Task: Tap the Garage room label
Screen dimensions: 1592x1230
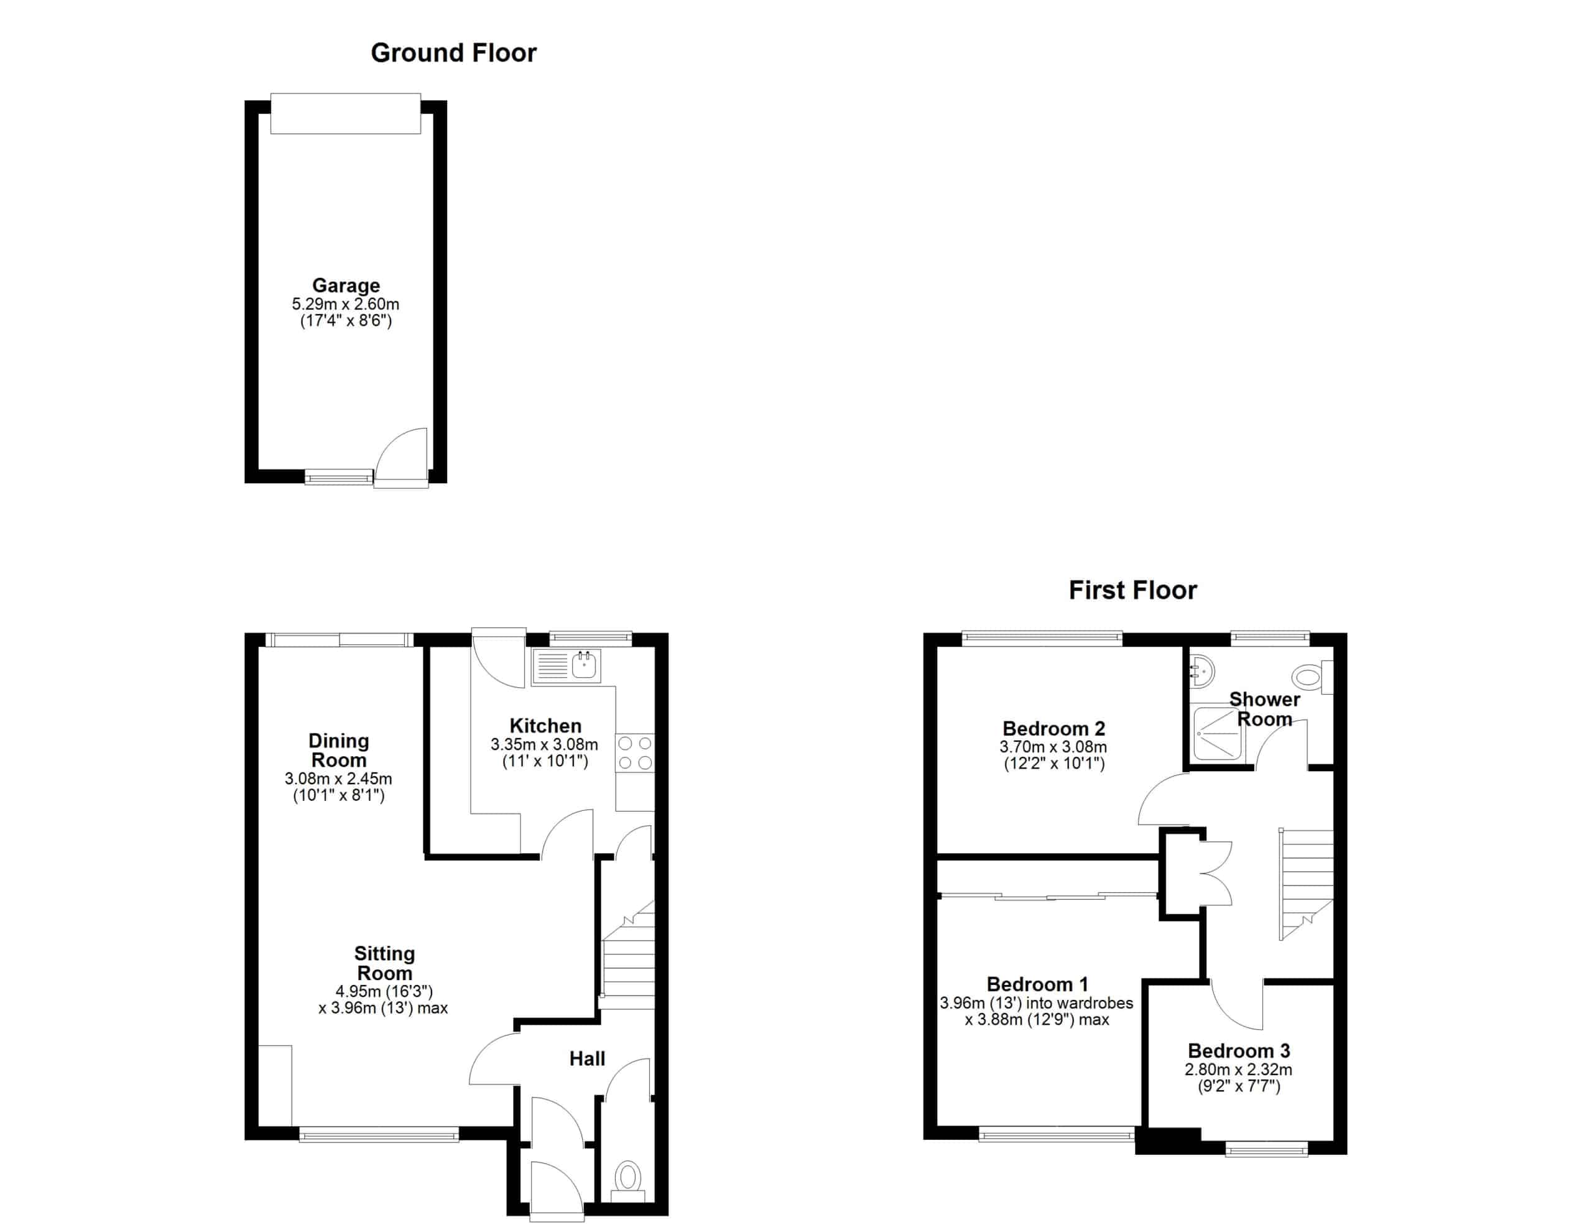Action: point(346,285)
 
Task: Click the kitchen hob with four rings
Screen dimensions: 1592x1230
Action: point(635,753)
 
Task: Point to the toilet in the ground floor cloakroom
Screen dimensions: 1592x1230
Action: point(627,1182)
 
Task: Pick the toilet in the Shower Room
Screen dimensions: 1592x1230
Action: point(1312,677)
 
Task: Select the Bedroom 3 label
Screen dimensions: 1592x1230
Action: point(1239,1051)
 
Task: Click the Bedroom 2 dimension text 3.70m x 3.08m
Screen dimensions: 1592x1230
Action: point(1053,747)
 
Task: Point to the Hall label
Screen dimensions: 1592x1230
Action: point(587,1058)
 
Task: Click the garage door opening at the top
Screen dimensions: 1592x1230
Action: point(346,114)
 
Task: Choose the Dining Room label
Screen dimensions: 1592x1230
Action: point(339,750)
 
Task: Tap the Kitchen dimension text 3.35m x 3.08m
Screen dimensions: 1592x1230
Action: point(545,744)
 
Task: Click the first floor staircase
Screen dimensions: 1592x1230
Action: point(1307,884)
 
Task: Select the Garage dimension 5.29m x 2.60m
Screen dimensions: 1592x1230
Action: point(346,304)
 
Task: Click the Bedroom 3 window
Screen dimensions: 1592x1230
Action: point(1266,1150)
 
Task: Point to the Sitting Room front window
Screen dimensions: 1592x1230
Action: point(379,1134)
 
